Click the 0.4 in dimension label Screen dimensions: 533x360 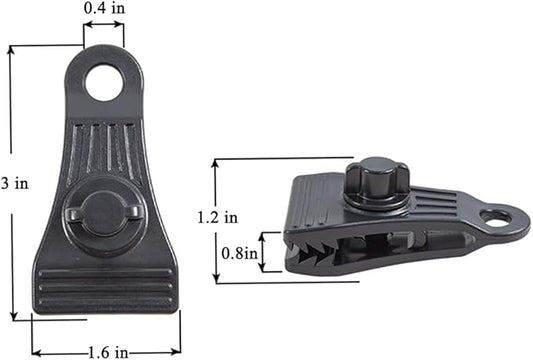click(104, 8)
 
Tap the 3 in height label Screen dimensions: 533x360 click(15, 184)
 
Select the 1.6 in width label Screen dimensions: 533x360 click(108, 353)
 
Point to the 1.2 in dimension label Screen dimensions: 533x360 click(218, 217)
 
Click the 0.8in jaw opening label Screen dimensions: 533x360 click(239, 253)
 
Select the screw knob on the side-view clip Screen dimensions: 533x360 click(377, 183)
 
